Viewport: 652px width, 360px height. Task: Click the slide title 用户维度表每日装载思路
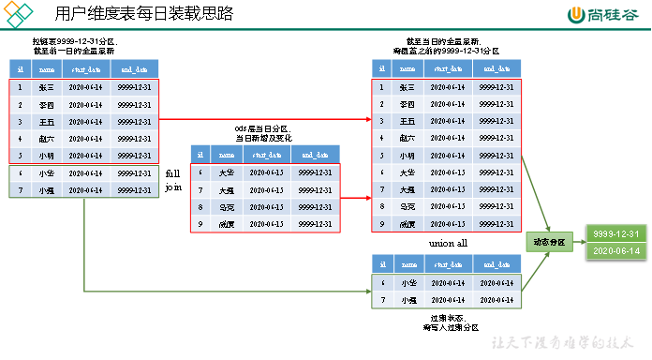pyautogui.click(x=144, y=13)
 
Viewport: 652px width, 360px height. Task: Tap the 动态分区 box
pyautogui.click(x=550, y=241)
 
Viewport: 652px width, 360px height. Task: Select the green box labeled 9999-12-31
pyautogui.click(x=615, y=233)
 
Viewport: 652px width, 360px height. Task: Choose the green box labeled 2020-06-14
pyautogui.click(x=615, y=251)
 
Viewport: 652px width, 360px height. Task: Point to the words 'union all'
pyautogui.click(x=447, y=243)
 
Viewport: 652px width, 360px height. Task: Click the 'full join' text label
pyautogui.click(x=173, y=180)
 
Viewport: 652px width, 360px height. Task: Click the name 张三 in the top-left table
pyautogui.click(x=46, y=87)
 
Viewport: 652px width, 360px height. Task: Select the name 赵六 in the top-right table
pyautogui.click(x=407, y=138)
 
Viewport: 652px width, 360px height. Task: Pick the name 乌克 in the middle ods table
pyautogui.click(x=226, y=206)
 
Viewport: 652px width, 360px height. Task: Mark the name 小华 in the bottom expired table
pyautogui.click(x=407, y=283)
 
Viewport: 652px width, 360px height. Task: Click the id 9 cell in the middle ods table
pyautogui.click(x=200, y=223)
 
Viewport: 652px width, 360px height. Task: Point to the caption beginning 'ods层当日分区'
pyautogui.click(x=262, y=132)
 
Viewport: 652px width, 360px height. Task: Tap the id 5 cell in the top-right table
pyautogui.click(x=380, y=156)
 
